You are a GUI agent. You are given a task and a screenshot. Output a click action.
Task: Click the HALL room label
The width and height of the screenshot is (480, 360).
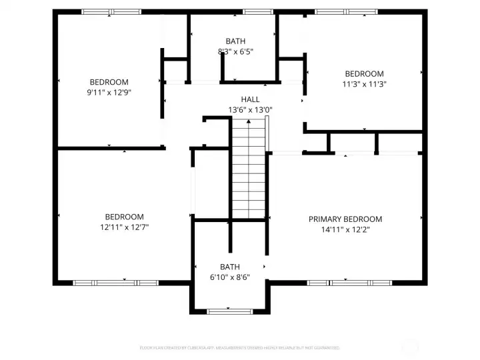click(x=251, y=99)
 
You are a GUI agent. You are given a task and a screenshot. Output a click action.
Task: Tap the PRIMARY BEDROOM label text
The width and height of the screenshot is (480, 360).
click(x=345, y=219)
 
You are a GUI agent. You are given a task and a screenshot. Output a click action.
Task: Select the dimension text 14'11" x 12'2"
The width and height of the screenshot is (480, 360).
click(x=345, y=229)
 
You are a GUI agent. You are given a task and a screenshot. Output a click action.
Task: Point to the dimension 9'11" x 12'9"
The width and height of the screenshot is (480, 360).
click(x=110, y=93)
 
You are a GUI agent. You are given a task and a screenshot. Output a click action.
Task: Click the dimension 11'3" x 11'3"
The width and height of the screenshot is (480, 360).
click(x=364, y=84)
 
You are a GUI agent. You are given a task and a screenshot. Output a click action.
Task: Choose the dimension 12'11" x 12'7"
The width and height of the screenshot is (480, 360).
click(x=124, y=227)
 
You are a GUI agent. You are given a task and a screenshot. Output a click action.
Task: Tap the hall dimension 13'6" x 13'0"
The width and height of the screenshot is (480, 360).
click(x=251, y=109)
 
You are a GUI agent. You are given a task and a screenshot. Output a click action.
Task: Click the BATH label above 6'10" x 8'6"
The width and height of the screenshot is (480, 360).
click(x=230, y=267)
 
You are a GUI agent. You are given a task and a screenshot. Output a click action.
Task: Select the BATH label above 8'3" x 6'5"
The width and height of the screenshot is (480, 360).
click(x=235, y=41)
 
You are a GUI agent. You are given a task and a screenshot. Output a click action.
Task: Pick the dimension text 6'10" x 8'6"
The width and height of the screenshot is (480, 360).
click(x=230, y=277)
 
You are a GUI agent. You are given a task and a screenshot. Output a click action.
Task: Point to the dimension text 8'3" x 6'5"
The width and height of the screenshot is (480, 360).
click(x=235, y=51)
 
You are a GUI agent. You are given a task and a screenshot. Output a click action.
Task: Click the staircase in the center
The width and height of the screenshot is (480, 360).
click(x=248, y=170)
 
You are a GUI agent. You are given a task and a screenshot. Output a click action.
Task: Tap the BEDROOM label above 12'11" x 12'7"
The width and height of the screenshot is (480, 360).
click(x=124, y=217)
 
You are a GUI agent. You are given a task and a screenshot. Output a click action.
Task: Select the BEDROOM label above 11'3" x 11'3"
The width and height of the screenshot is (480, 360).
click(x=364, y=74)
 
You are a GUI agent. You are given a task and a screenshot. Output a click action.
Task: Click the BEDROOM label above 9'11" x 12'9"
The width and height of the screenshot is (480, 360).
click(x=110, y=83)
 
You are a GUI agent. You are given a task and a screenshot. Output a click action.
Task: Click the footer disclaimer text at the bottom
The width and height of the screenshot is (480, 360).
click(x=239, y=348)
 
